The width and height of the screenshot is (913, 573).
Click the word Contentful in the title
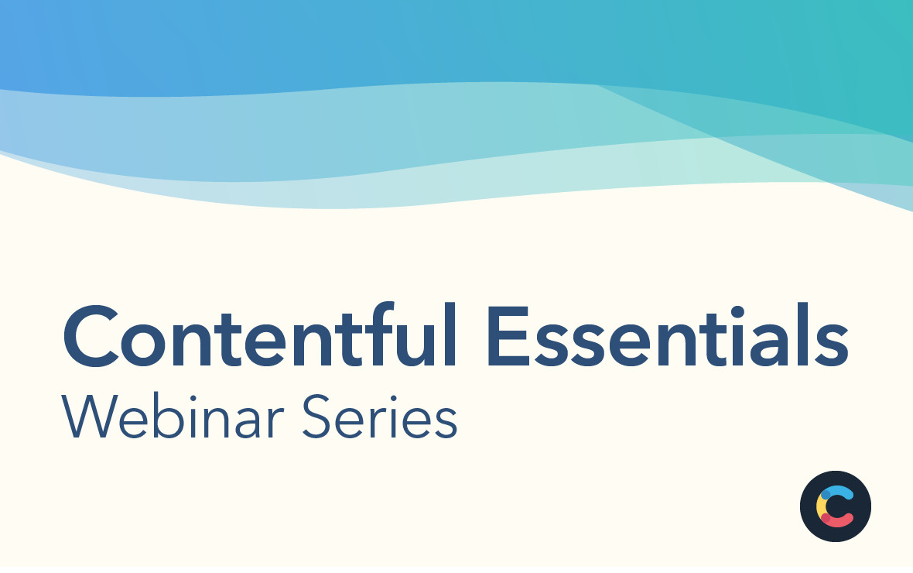pyautogui.click(x=259, y=337)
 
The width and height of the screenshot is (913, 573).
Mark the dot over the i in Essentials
pyautogui.click(x=737, y=311)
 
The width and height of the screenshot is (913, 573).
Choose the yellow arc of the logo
pyautogui.click(x=821, y=506)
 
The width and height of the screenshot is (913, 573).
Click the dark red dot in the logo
pyautogui.click(x=826, y=518)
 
